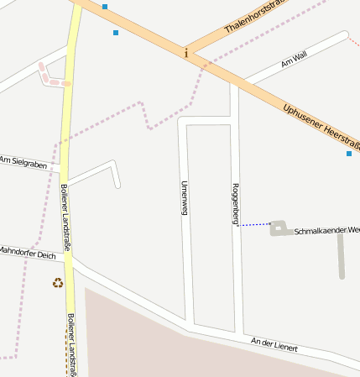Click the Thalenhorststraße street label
(x=256, y=16)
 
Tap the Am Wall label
(x=295, y=58)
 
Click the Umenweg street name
(x=183, y=198)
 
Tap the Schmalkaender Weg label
(x=326, y=230)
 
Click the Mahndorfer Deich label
(x=28, y=252)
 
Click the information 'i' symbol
(x=186, y=53)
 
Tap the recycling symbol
(x=58, y=283)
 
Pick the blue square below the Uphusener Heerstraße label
(x=349, y=154)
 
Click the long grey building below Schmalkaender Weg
(x=342, y=255)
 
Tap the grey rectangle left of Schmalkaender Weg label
(x=279, y=228)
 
